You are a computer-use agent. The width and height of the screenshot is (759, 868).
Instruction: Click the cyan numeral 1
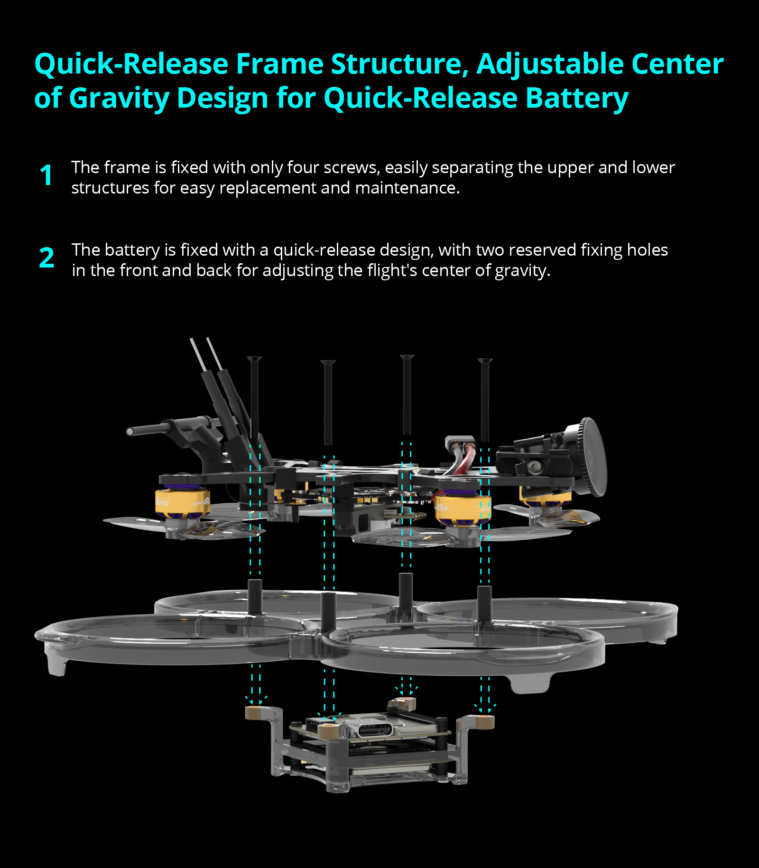(x=46, y=175)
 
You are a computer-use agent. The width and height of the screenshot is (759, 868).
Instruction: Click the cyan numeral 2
(x=46, y=258)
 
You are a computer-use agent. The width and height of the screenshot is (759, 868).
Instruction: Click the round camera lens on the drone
(x=593, y=456)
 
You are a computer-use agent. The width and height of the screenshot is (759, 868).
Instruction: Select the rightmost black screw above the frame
(x=485, y=398)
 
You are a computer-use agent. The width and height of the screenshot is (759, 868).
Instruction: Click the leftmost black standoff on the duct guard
(x=255, y=596)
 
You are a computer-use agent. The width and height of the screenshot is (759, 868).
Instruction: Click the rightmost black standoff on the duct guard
(x=484, y=602)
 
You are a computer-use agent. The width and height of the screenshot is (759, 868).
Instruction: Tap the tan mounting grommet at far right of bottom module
(x=486, y=721)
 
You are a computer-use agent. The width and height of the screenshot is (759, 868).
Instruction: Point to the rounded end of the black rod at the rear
(x=130, y=432)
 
